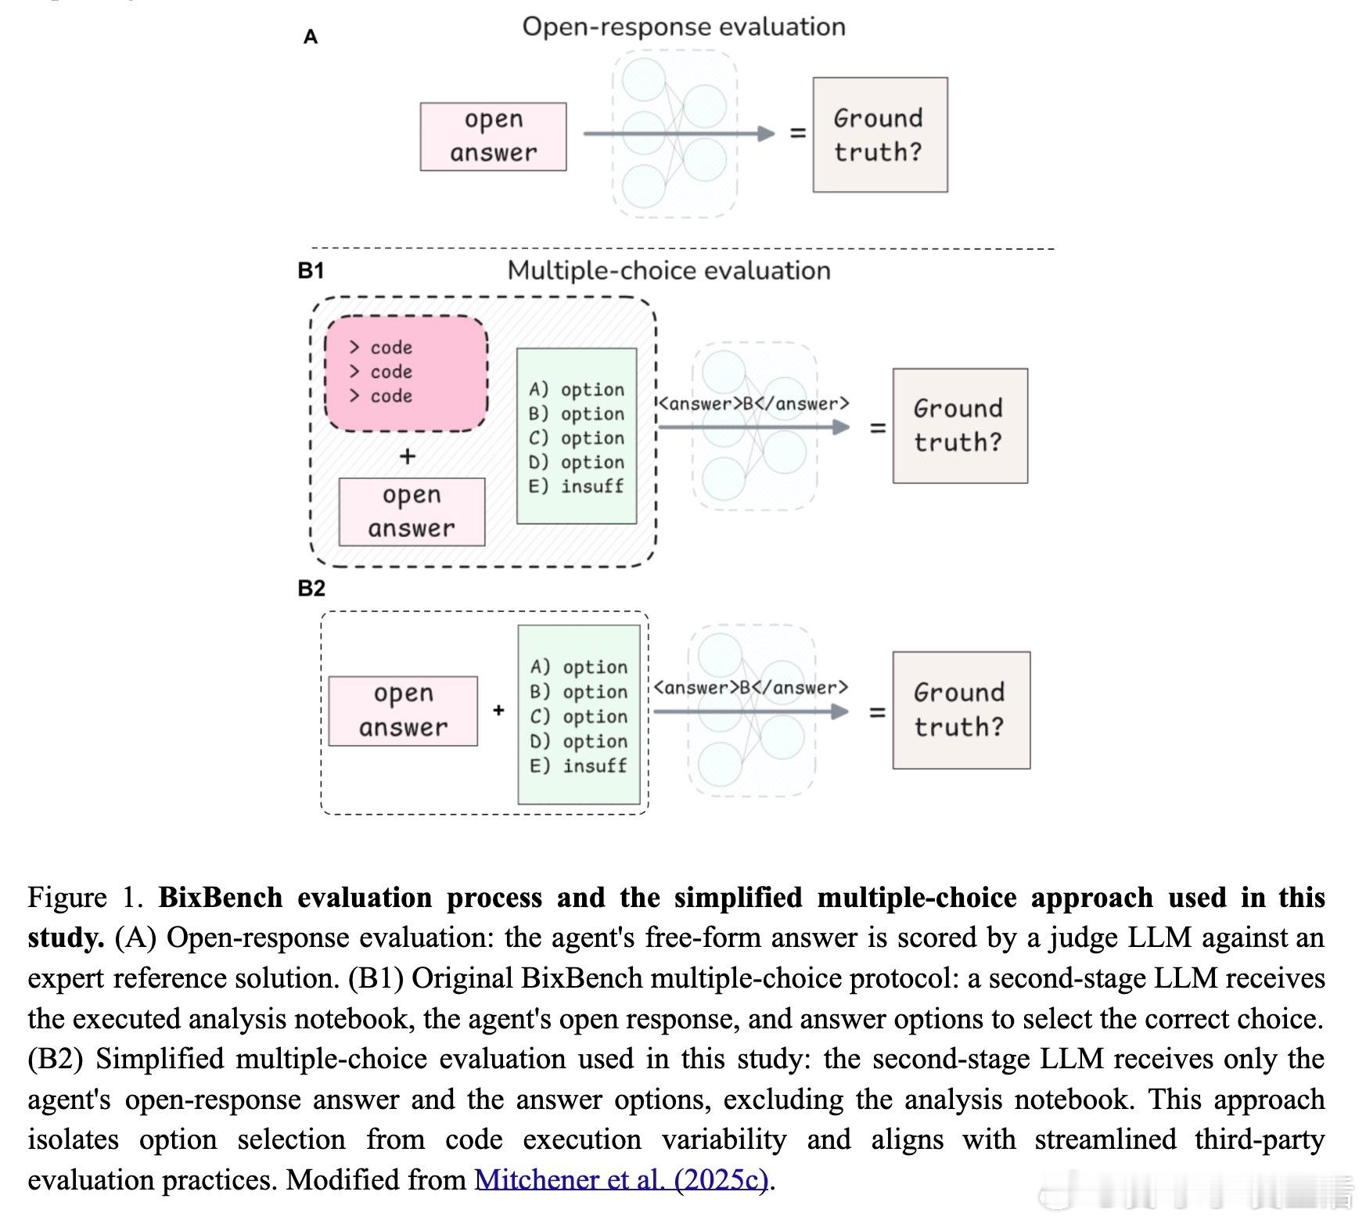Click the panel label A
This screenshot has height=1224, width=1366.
click(x=311, y=37)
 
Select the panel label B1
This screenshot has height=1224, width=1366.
click(x=311, y=271)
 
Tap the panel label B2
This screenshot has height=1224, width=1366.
click(x=311, y=589)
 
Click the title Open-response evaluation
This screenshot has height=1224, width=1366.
click(x=684, y=27)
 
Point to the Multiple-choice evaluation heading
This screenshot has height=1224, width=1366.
click(x=669, y=271)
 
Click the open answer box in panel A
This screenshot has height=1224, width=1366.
click(x=493, y=136)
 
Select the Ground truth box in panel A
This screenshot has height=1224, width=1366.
click(x=879, y=135)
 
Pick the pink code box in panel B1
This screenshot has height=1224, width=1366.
click(x=406, y=373)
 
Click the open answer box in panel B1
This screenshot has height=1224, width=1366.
click(x=412, y=512)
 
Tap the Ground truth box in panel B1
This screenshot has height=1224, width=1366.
click(x=960, y=426)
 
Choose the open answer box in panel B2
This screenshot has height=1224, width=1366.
click(x=403, y=711)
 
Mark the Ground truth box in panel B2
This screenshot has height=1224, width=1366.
click(x=961, y=710)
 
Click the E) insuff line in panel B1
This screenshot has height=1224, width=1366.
click(x=577, y=487)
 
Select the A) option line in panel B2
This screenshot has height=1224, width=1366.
click(x=579, y=668)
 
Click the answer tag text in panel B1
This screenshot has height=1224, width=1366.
click(x=753, y=404)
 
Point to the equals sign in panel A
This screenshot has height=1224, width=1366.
click(x=797, y=134)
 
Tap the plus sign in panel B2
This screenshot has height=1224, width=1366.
click(x=498, y=711)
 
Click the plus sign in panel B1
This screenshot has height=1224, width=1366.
click(x=407, y=456)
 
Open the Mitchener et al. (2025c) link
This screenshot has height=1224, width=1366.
click(x=622, y=1179)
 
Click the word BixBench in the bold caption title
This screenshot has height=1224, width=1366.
click(x=220, y=898)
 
